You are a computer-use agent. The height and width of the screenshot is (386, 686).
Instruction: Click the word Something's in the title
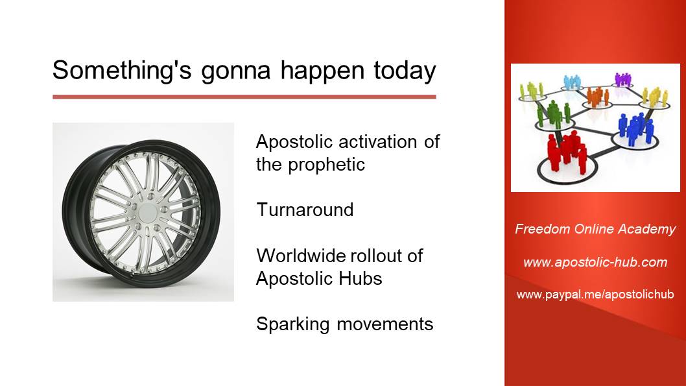122,70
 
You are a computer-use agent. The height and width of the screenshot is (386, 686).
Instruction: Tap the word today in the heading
405,71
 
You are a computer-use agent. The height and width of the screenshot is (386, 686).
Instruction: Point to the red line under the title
244,97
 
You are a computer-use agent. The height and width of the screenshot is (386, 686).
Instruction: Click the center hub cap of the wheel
148,212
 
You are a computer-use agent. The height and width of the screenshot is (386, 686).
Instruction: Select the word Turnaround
305,210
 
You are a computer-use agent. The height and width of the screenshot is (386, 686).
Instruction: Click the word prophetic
326,165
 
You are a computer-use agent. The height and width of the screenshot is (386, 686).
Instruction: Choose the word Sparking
292,324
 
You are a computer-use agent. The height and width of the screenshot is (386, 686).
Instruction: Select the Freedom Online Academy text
595,229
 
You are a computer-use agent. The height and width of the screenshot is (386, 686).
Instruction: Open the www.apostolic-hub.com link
595,262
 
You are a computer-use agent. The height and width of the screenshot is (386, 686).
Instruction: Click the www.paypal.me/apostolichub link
595,295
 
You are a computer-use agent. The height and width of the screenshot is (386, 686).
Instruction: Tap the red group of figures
567,152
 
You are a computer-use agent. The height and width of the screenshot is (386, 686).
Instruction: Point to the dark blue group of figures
635,128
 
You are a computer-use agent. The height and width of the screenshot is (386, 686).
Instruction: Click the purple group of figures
623,80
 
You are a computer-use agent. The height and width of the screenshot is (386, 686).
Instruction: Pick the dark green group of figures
554,113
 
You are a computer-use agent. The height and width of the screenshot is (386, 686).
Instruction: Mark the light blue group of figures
573,82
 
